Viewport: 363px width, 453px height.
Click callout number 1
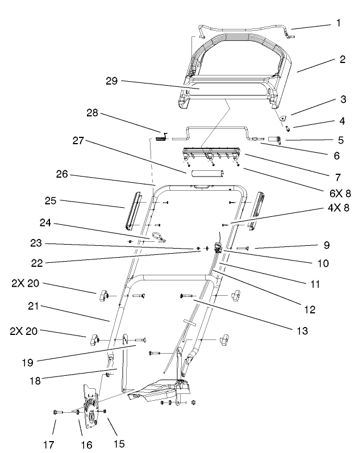339,24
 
